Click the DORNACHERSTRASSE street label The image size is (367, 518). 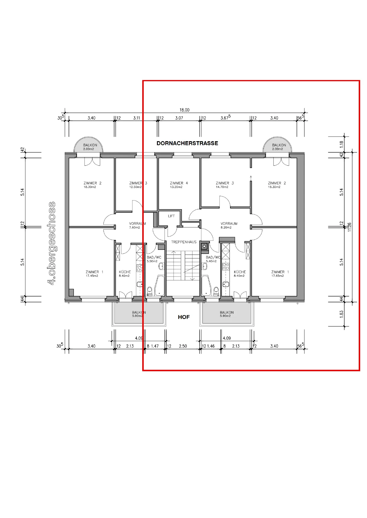point(187,143)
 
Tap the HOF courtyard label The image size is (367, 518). point(184,317)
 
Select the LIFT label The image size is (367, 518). point(171,216)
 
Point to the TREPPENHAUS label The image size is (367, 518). point(184,242)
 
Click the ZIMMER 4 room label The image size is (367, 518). point(179,183)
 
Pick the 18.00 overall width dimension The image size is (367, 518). point(185,110)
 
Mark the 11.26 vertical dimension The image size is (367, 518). point(350,227)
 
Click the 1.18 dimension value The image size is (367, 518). point(342,144)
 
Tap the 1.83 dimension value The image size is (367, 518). point(342,314)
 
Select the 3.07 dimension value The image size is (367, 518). point(179,118)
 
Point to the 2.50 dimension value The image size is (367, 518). point(183,346)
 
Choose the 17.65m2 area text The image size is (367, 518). point(277,276)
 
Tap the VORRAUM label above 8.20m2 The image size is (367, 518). point(229,224)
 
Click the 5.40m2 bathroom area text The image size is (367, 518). point(211,261)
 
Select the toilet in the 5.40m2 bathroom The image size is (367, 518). point(216,291)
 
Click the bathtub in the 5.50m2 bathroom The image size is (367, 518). point(160,286)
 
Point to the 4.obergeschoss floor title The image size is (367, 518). point(51,243)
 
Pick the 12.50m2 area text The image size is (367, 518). point(135,187)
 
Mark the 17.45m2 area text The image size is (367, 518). point(92,276)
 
